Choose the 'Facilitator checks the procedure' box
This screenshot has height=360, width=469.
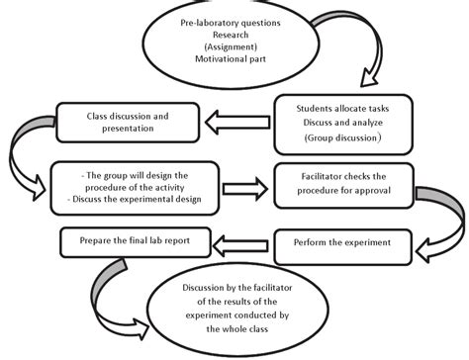tap(342, 184)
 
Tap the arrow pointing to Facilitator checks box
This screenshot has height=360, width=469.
tap(237, 185)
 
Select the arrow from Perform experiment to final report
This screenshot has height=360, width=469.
tap(236, 240)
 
